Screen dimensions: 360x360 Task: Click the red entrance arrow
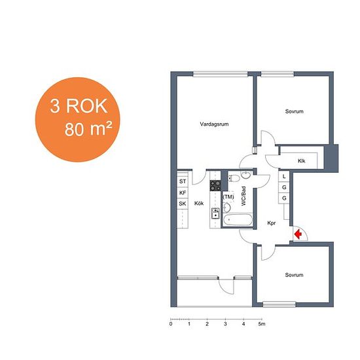point(298,234)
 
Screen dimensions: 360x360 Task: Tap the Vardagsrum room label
point(214,124)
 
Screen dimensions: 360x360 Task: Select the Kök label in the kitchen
point(199,203)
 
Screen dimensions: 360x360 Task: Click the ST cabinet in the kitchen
point(183,181)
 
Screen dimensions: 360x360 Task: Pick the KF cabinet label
point(183,193)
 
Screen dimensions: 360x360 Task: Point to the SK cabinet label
point(183,204)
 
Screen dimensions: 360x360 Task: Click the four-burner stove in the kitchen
point(215,185)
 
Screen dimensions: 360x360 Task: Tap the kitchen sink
point(215,213)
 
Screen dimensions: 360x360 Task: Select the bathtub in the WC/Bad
point(238,220)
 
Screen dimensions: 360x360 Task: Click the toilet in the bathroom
point(234,178)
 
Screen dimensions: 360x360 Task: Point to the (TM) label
point(228,197)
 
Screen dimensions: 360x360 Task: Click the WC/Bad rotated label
point(243,196)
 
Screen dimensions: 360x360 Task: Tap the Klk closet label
point(302,161)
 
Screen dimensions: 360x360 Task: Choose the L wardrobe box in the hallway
point(284,176)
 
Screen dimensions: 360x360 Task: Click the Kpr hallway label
point(272,223)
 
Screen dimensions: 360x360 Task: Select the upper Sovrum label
point(294,111)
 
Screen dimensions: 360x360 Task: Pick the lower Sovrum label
point(294,275)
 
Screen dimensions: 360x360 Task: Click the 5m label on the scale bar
point(262,324)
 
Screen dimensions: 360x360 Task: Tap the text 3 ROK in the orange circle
point(79,106)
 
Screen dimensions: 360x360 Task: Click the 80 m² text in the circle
point(88,129)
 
